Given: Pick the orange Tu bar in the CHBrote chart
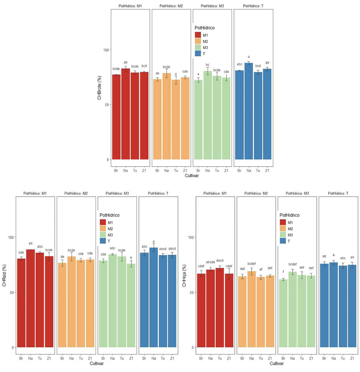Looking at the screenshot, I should pyautogui.click(x=176, y=120).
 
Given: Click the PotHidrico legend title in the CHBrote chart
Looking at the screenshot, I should pyautogui.click(x=204, y=28).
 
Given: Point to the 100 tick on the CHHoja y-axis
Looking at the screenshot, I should pyautogui.click(x=191, y=237).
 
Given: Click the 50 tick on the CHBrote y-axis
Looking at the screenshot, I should pyautogui.click(x=106, y=105).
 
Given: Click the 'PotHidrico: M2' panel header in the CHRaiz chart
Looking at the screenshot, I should pyautogui.click(x=76, y=193).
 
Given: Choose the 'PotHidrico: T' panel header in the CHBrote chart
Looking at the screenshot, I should pyautogui.click(x=253, y=6).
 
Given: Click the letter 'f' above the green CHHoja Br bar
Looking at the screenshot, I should pyautogui.click(x=283, y=272).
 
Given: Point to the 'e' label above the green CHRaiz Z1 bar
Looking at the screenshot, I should pyautogui.click(x=131, y=257).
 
